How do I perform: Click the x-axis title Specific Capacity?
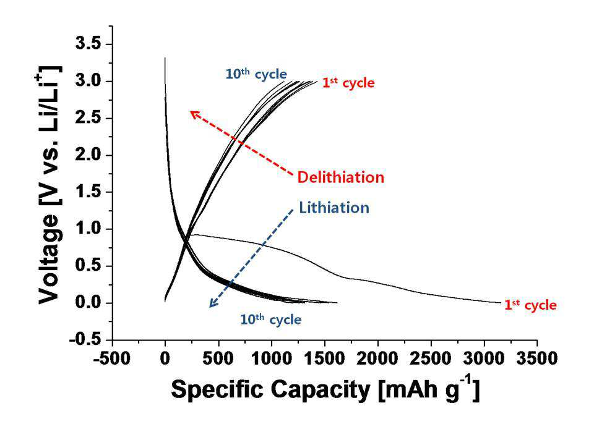click(x=270, y=389)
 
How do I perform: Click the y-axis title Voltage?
click(x=49, y=259)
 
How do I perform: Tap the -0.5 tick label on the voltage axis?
click(x=85, y=339)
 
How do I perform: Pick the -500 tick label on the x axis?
click(x=112, y=358)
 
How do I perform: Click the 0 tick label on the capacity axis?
click(x=165, y=358)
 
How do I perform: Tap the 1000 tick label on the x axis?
click(x=271, y=358)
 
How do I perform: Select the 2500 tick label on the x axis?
click(x=431, y=358)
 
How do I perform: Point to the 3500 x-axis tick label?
click(x=537, y=358)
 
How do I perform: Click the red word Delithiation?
click(x=340, y=177)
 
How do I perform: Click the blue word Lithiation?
click(x=334, y=208)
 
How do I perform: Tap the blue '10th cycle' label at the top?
click(x=256, y=74)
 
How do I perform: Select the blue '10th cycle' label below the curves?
click(x=271, y=319)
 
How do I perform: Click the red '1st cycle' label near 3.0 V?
click(x=348, y=83)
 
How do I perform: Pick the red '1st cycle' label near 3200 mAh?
click(x=530, y=305)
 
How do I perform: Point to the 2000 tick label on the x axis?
click(x=377, y=358)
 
